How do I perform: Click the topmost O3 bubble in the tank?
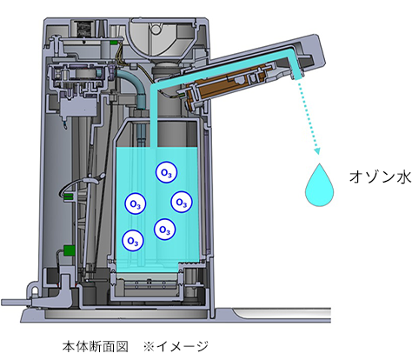[166, 172]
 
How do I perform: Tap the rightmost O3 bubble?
[182, 202]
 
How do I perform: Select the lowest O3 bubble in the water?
[133, 241]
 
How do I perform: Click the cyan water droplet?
[319, 185]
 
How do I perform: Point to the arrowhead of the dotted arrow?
[317, 151]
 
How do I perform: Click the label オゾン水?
[380, 177]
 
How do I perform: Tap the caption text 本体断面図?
[96, 346]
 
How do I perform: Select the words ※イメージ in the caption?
[176, 346]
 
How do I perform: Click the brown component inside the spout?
[226, 86]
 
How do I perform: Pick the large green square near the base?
[70, 250]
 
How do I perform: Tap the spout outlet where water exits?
[297, 77]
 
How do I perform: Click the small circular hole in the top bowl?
[156, 29]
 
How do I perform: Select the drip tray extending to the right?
[272, 315]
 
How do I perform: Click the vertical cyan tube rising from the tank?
[154, 116]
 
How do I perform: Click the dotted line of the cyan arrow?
[307, 115]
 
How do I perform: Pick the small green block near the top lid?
[114, 43]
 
